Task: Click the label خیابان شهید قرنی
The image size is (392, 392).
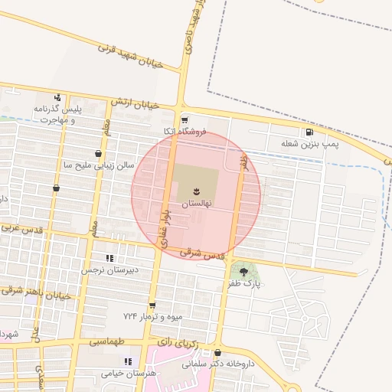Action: click(132, 57)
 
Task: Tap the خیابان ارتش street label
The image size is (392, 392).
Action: click(134, 103)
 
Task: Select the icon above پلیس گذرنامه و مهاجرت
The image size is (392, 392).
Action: click(57, 97)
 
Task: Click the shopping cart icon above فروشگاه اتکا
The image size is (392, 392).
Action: click(185, 120)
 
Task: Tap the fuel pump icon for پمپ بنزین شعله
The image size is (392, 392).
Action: click(309, 132)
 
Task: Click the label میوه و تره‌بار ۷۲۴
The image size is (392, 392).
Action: click(152, 316)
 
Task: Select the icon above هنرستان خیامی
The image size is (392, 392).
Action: click(128, 361)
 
